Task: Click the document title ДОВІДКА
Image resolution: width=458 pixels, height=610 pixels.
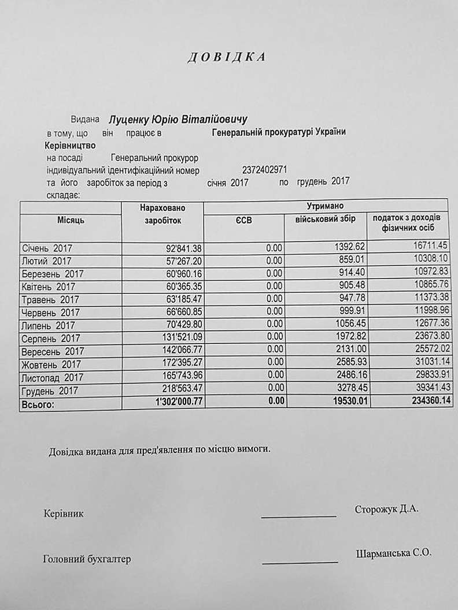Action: pyautogui.click(x=226, y=57)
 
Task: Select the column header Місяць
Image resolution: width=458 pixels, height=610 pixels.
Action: pyautogui.click(x=71, y=220)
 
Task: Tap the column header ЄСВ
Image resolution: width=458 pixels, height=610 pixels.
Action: pyautogui.click(x=243, y=220)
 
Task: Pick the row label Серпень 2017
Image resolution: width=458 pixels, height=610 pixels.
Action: pyautogui.click(x=51, y=338)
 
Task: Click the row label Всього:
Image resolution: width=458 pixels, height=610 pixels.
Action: pyautogui.click(x=39, y=405)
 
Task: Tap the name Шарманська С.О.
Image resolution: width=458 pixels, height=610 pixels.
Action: pyautogui.click(x=394, y=553)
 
